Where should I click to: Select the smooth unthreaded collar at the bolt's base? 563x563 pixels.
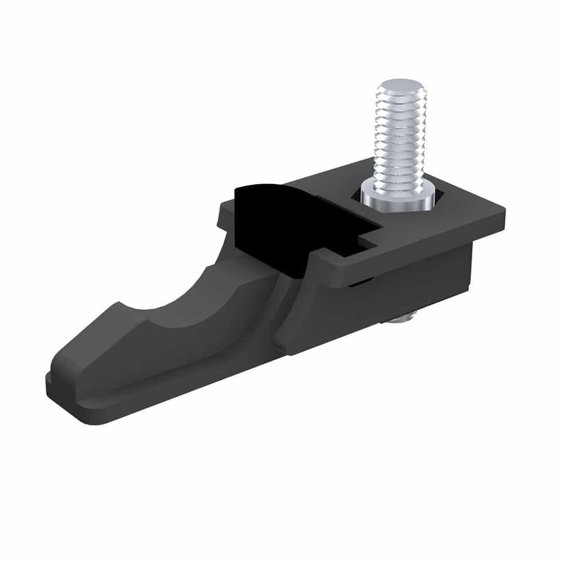coord(399,197)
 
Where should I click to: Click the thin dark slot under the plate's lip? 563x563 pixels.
coord(360,284)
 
